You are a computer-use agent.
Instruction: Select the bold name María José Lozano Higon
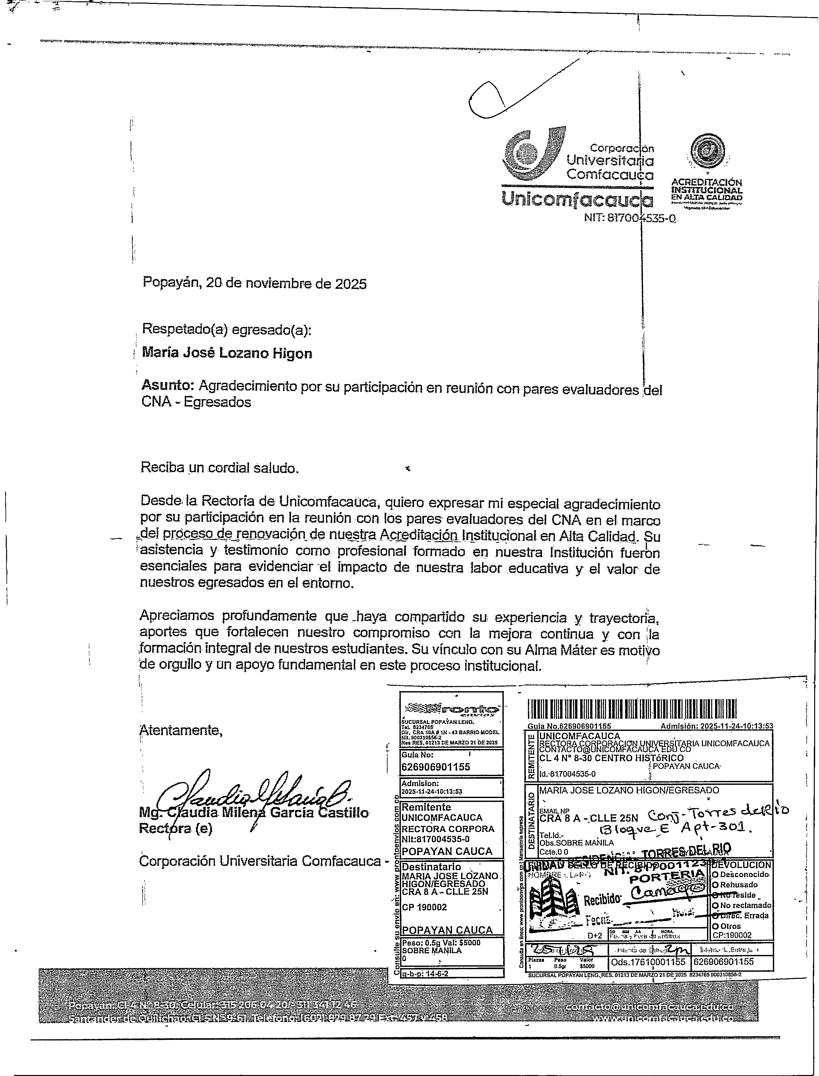(x=227, y=353)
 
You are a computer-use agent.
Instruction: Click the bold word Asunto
(x=168, y=385)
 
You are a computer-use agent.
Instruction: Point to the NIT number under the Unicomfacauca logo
(x=630, y=219)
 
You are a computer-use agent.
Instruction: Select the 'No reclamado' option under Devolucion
(x=741, y=905)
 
